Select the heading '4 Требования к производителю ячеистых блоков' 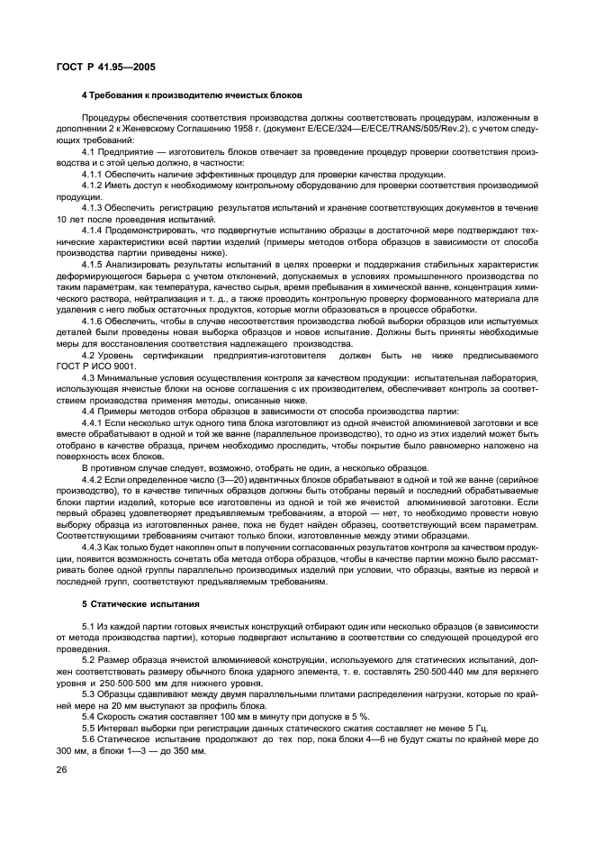(x=191, y=95)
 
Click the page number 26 (x=62, y=769)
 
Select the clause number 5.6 (x=89, y=739)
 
